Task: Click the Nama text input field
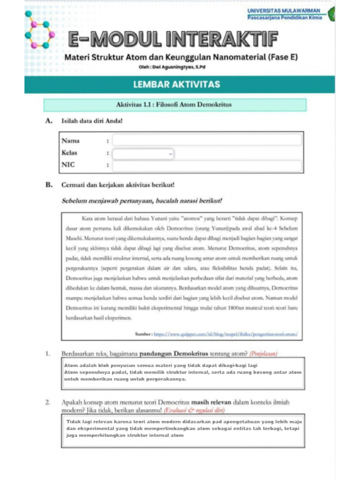pos(207,140)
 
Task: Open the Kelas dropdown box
pos(143,153)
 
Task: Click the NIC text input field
pos(207,165)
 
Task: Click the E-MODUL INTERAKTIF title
pos(173,40)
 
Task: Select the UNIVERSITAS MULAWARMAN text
pos(284,11)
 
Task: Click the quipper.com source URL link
pos(225,335)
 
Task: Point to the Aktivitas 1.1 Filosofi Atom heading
pos(174,105)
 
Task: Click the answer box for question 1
pos(183,374)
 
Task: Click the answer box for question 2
pos(183,431)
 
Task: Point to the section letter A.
pos(48,121)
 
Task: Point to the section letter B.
pos(48,185)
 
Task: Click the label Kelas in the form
pos(69,153)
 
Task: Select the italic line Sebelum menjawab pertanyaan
pos(142,201)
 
